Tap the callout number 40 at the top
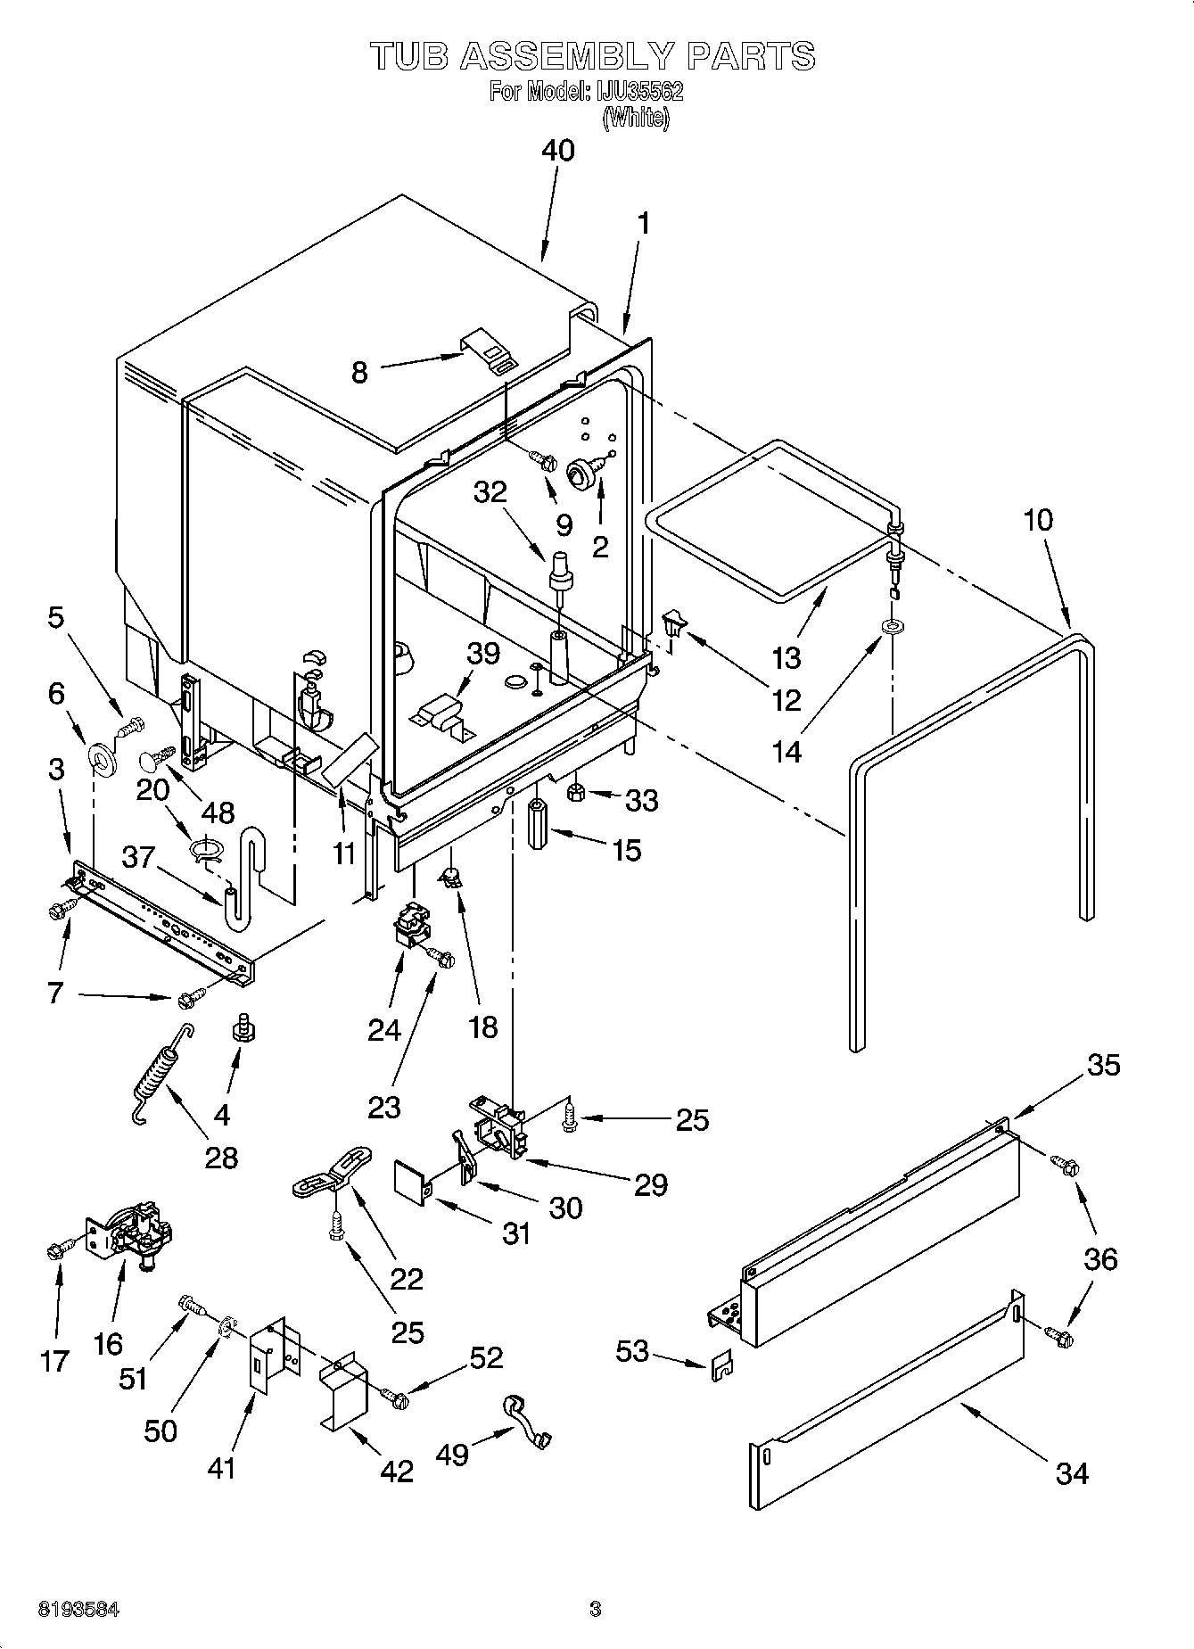(558, 150)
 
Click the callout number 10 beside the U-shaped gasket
(1038, 520)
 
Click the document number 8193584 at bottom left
(78, 1610)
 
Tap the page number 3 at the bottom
(596, 1610)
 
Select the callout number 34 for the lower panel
(1071, 1474)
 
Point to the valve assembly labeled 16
(134, 1233)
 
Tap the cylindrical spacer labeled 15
(539, 824)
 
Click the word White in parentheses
(635, 118)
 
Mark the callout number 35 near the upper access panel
(1104, 1064)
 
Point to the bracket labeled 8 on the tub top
(488, 350)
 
